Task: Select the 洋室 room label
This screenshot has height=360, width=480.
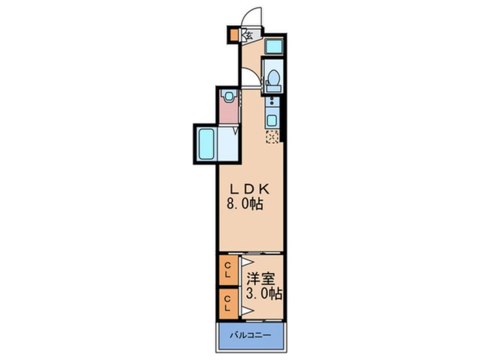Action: [261, 281]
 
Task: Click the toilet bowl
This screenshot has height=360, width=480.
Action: [273, 78]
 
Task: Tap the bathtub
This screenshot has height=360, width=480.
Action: [205, 144]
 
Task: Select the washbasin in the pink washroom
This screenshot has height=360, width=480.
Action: [229, 97]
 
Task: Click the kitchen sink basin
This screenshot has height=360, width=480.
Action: [273, 120]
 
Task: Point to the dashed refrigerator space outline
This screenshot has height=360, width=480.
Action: [272, 137]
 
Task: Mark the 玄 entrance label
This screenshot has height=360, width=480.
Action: [248, 35]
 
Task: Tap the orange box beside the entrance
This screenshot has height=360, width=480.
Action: [234, 35]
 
